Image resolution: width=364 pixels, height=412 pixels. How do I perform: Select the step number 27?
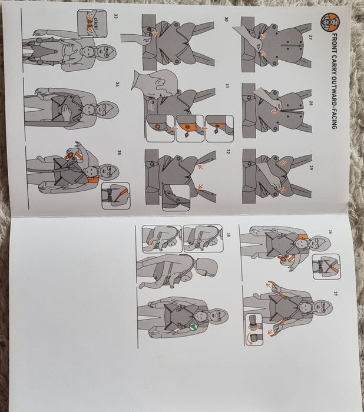(310, 38)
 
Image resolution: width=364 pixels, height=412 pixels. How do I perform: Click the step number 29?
(310, 168)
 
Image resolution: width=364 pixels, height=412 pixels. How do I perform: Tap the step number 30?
(226, 19)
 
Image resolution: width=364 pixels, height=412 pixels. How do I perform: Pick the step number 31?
(227, 86)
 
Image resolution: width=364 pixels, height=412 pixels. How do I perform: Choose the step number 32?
(228, 151)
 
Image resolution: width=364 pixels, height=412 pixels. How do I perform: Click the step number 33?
(116, 16)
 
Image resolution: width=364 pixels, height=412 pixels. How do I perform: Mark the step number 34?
(118, 84)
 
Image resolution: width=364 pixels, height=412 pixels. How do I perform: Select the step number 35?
(119, 152)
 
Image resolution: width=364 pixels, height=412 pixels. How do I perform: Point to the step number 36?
(330, 232)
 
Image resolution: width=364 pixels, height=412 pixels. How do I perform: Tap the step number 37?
(335, 293)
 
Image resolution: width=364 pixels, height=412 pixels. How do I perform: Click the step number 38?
(229, 235)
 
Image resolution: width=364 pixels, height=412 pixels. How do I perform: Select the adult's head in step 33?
(105, 54)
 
